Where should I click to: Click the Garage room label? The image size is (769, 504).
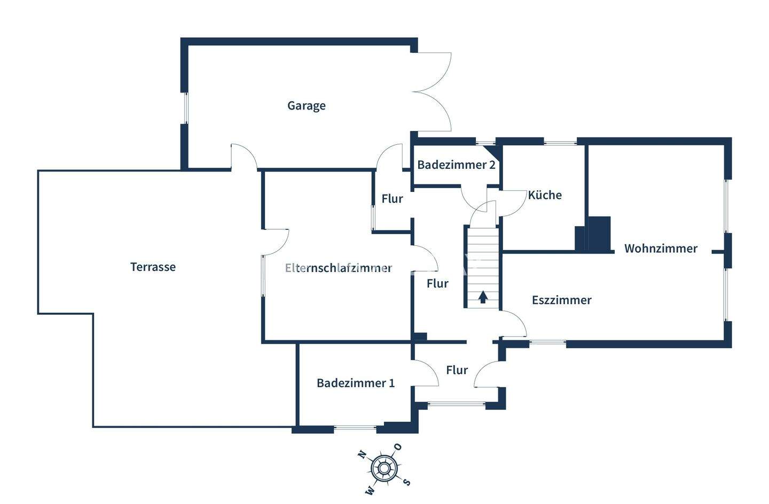click(307, 106)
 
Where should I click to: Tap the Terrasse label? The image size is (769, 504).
click(153, 267)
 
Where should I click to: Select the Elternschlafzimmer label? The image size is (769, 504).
click(339, 268)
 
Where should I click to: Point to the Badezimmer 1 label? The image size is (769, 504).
click(356, 383)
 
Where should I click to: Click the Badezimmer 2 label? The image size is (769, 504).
click(456, 165)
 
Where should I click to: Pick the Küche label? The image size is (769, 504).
click(545, 195)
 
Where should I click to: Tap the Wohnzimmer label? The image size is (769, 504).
click(661, 249)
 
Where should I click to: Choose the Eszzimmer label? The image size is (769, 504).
click(562, 300)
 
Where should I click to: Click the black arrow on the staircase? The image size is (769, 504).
click(483, 297)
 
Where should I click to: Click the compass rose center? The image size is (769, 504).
click(383, 469)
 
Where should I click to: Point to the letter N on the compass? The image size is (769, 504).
click(362, 455)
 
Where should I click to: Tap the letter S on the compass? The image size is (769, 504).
click(406, 482)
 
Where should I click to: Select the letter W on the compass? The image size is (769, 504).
click(369, 490)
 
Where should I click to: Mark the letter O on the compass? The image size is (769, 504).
click(398, 447)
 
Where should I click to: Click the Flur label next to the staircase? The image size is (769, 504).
click(437, 284)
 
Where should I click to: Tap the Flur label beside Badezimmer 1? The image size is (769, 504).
click(457, 370)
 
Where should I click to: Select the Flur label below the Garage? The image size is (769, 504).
click(392, 199)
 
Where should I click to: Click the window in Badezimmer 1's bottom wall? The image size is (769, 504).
click(355, 427)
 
